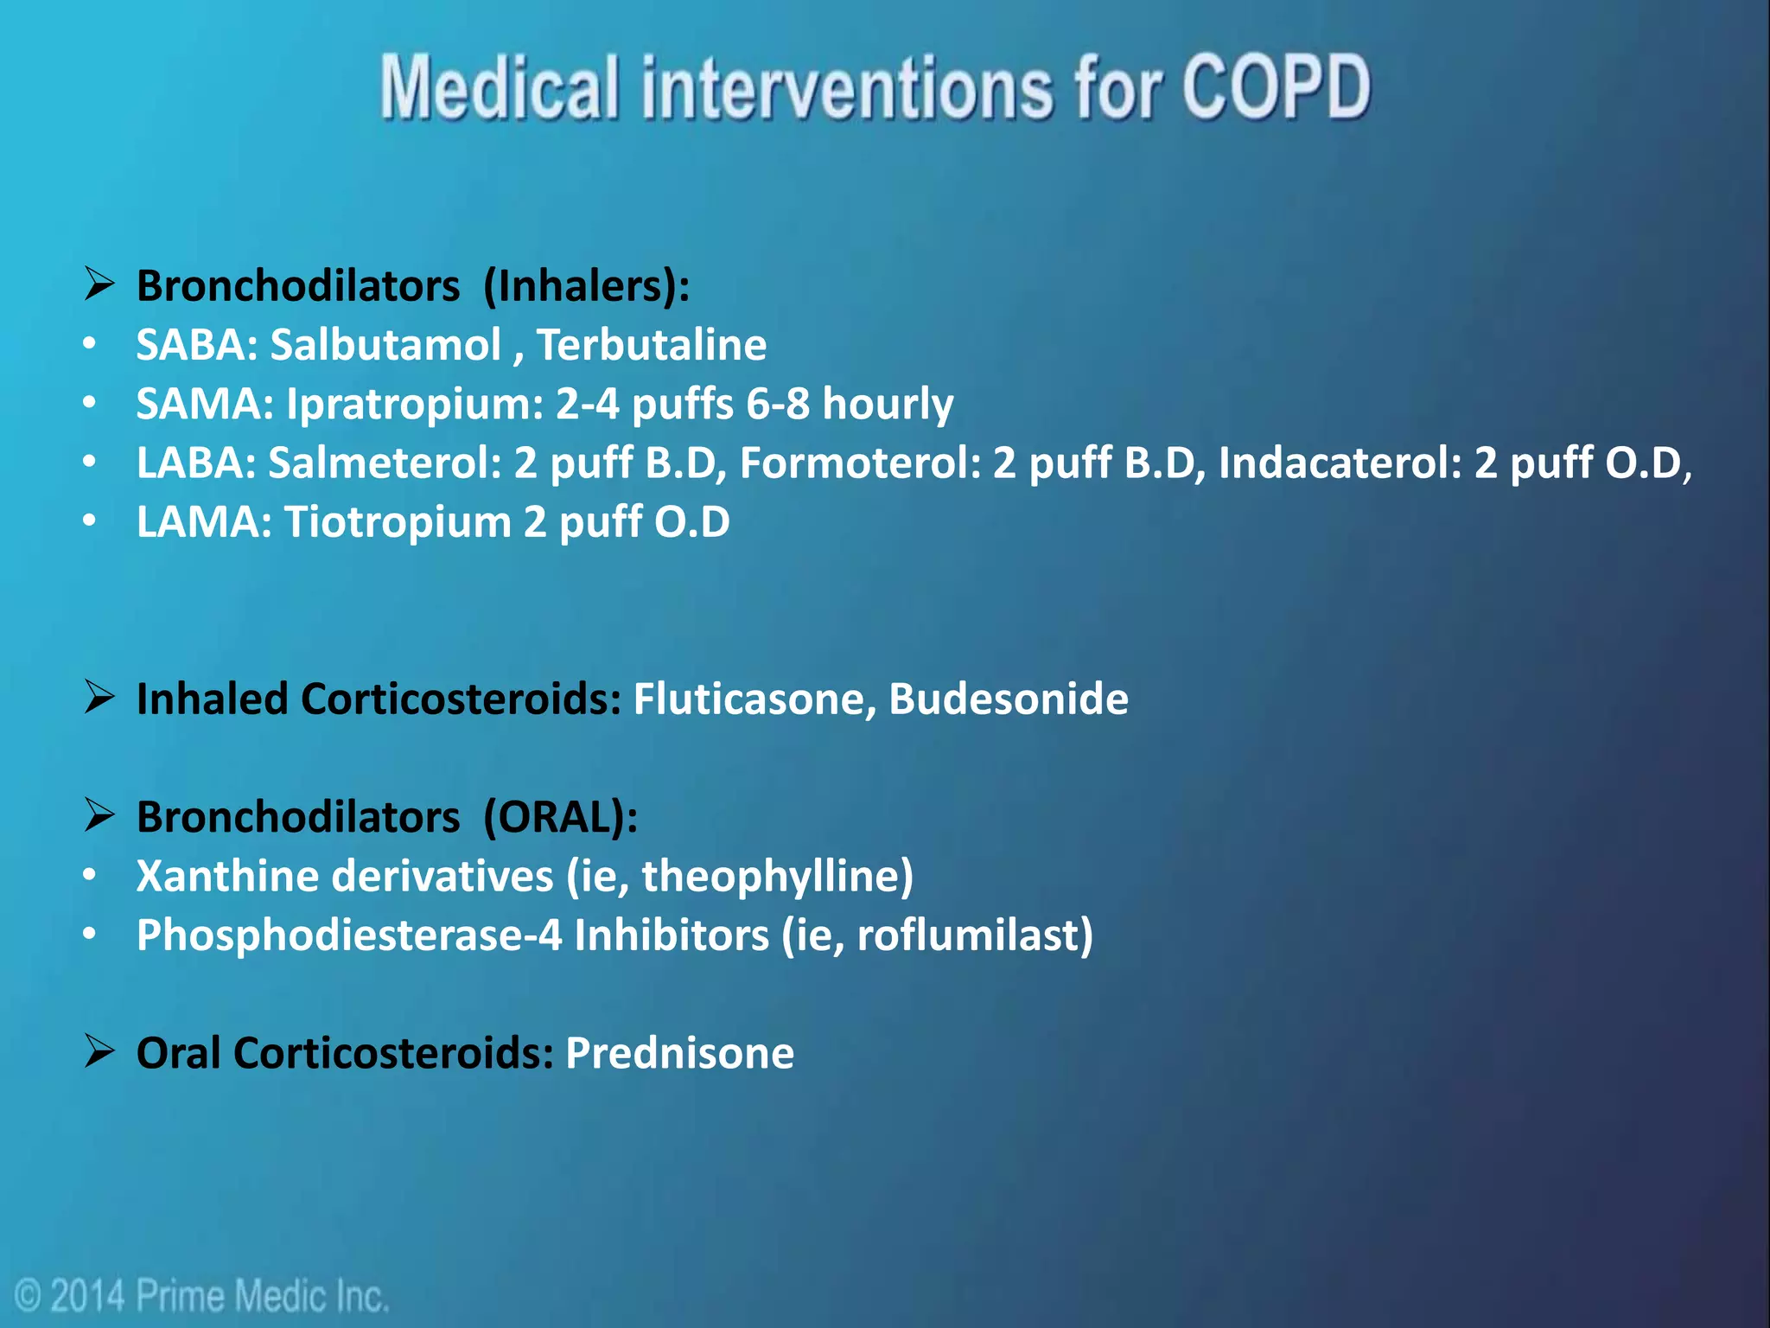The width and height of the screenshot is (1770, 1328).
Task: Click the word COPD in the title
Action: coord(1276,86)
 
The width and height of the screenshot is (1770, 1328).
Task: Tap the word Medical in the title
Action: coord(500,86)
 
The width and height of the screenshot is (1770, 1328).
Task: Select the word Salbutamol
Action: coord(385,345)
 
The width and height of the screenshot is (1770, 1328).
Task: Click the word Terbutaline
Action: coord(652,345)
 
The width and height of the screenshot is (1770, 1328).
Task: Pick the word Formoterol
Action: coord(860,463)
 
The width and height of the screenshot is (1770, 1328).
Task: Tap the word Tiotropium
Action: coord(398,522)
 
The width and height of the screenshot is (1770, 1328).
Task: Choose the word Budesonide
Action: coord(1009,699)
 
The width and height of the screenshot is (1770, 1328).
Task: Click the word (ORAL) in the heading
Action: coord(560,817)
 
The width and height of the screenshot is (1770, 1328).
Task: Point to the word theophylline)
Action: coord(777,877)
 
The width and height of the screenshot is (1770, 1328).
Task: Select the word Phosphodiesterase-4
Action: coord(349,935)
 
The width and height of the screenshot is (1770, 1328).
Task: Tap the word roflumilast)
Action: coord(975,935)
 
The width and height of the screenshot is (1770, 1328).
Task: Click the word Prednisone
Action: coord(679,1053)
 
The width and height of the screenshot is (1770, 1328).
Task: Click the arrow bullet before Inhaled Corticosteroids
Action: coord(99,697)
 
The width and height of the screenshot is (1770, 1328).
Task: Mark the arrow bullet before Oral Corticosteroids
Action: coord(99,1051)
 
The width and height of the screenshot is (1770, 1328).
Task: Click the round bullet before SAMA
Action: coord(90,403)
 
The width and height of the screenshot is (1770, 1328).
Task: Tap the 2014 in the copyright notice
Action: coord(88,1296)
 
